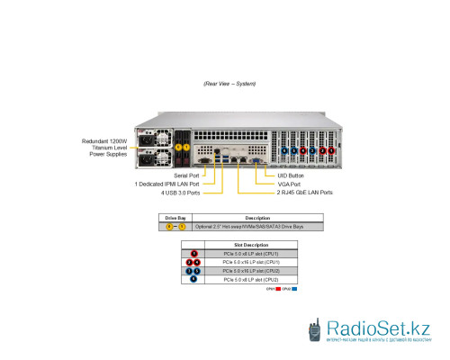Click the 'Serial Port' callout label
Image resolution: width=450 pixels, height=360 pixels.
pos(186,175)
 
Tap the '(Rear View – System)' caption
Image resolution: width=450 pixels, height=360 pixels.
pos(230,84)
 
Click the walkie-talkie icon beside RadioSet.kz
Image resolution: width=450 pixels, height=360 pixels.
pos(315,330)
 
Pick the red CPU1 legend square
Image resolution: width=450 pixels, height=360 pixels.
pos(278,290)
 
